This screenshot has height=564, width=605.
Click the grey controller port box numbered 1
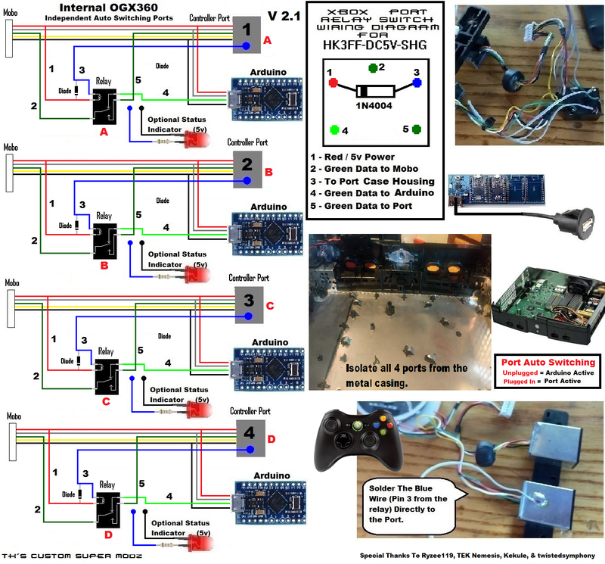click(247, 30)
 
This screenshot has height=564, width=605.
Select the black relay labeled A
click(104, 108)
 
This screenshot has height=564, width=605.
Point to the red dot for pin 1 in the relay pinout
click(330, 83)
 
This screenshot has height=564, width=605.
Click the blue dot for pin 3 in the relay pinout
click(417, 83)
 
